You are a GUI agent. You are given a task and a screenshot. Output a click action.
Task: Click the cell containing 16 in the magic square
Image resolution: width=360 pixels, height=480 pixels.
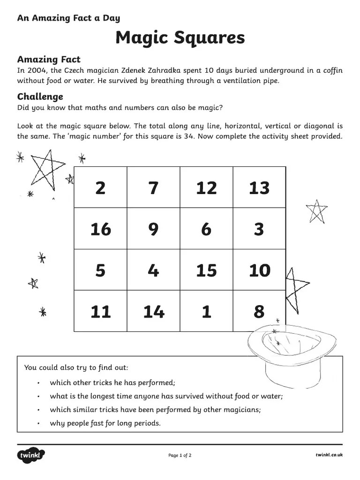100,229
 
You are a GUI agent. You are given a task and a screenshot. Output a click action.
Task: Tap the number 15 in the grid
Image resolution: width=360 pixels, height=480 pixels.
206,270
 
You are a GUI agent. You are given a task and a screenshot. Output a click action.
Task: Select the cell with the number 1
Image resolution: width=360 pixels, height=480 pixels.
206,312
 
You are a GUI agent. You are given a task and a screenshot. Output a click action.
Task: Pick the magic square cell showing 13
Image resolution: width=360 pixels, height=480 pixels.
259,188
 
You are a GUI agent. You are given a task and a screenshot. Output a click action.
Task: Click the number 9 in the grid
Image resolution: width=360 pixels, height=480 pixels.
153,229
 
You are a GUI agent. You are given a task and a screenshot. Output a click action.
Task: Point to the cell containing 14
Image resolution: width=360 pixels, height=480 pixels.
153,312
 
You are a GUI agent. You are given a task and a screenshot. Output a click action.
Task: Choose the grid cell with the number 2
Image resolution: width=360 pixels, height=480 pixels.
100,188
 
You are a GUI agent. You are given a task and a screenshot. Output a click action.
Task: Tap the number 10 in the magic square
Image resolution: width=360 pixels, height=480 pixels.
259,270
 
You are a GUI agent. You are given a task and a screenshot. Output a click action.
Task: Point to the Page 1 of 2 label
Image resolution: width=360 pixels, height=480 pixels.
180,455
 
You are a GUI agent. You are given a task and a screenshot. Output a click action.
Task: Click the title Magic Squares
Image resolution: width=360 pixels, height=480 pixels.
180,37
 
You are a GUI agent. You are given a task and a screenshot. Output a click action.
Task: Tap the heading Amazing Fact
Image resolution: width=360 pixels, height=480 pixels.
49,60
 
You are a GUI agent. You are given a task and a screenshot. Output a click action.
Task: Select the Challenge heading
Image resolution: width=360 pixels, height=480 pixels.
40,97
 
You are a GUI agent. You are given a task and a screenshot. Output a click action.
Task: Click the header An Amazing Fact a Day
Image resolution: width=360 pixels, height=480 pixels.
68,18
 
